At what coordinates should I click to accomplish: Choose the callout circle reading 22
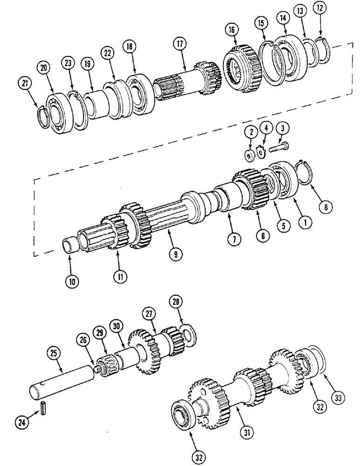108,54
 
